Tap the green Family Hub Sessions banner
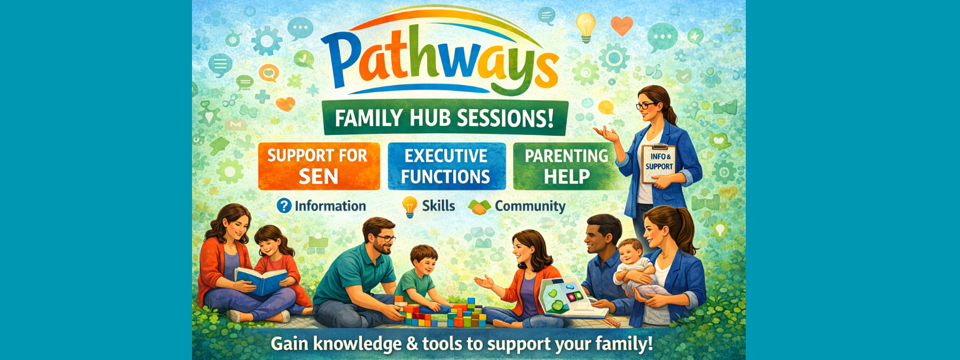click(x=444, y=118)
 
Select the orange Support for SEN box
click(x=318, y=166)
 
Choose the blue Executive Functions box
click(x=446, y=166)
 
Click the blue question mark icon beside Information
click(x=284, y=206)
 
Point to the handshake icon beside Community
click(x=479, y=207)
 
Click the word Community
click(x=530, y=206)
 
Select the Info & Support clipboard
click(x=659, y=163)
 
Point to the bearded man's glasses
click(x=385, y=238)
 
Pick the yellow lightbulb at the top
click(x=586, y=25)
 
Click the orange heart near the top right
click(x=622, y=25)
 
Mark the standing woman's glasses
click(x=646, y=106)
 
